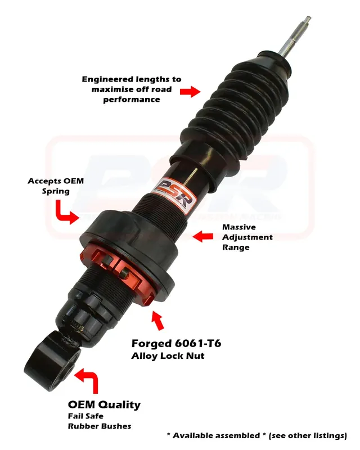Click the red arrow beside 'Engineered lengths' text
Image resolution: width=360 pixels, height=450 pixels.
(x=190, y=92)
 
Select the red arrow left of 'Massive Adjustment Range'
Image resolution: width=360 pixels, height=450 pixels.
(x=202, y=236)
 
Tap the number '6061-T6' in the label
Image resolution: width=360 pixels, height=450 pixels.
(x=197, y=343)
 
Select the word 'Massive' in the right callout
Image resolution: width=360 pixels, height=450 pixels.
(x=239, y=227)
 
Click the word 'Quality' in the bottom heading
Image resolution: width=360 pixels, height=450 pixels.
(x=119, y=404)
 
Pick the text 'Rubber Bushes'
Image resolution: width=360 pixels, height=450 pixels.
(x=100, y=426)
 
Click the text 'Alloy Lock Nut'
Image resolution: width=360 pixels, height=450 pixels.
(x=168, y=356)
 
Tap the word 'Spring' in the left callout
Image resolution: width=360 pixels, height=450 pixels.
(x=56, y=191)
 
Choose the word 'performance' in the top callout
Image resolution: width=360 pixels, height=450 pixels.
(x=132, y=100)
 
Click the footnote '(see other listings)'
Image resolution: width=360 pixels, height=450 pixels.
(x=308, y=435)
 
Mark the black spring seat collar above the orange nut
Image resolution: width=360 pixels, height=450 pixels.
(x=129, y=247)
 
